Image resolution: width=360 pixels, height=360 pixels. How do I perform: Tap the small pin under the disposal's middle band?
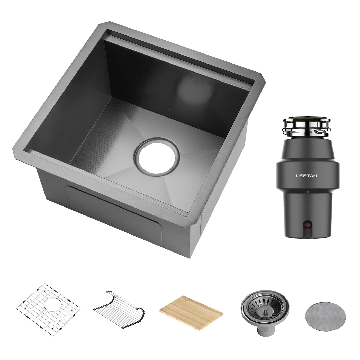click(307, 191)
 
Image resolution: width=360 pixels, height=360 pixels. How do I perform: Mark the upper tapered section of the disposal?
click(307, 150)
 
